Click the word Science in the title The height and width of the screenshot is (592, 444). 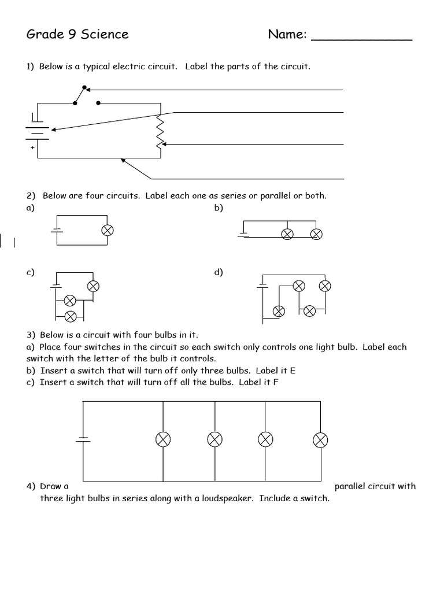(105, 35)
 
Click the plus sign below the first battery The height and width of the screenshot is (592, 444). (32, 147)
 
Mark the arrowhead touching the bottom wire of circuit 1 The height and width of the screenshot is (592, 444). (123, 160)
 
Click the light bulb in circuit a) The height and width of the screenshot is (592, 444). (107, 230)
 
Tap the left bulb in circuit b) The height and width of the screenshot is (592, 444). (287, 234)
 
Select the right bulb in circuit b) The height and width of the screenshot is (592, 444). (316, 234)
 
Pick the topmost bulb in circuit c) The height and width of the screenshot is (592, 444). (93, 286)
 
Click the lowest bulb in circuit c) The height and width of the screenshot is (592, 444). (71, 316)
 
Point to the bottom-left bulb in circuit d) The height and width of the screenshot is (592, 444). (279, 311)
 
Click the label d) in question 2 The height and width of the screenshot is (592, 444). (219, 272)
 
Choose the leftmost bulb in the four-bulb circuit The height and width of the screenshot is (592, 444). (164, 440)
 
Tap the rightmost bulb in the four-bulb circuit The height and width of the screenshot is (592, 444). (320, 441)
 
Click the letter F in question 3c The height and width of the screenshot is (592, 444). (275, 382)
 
